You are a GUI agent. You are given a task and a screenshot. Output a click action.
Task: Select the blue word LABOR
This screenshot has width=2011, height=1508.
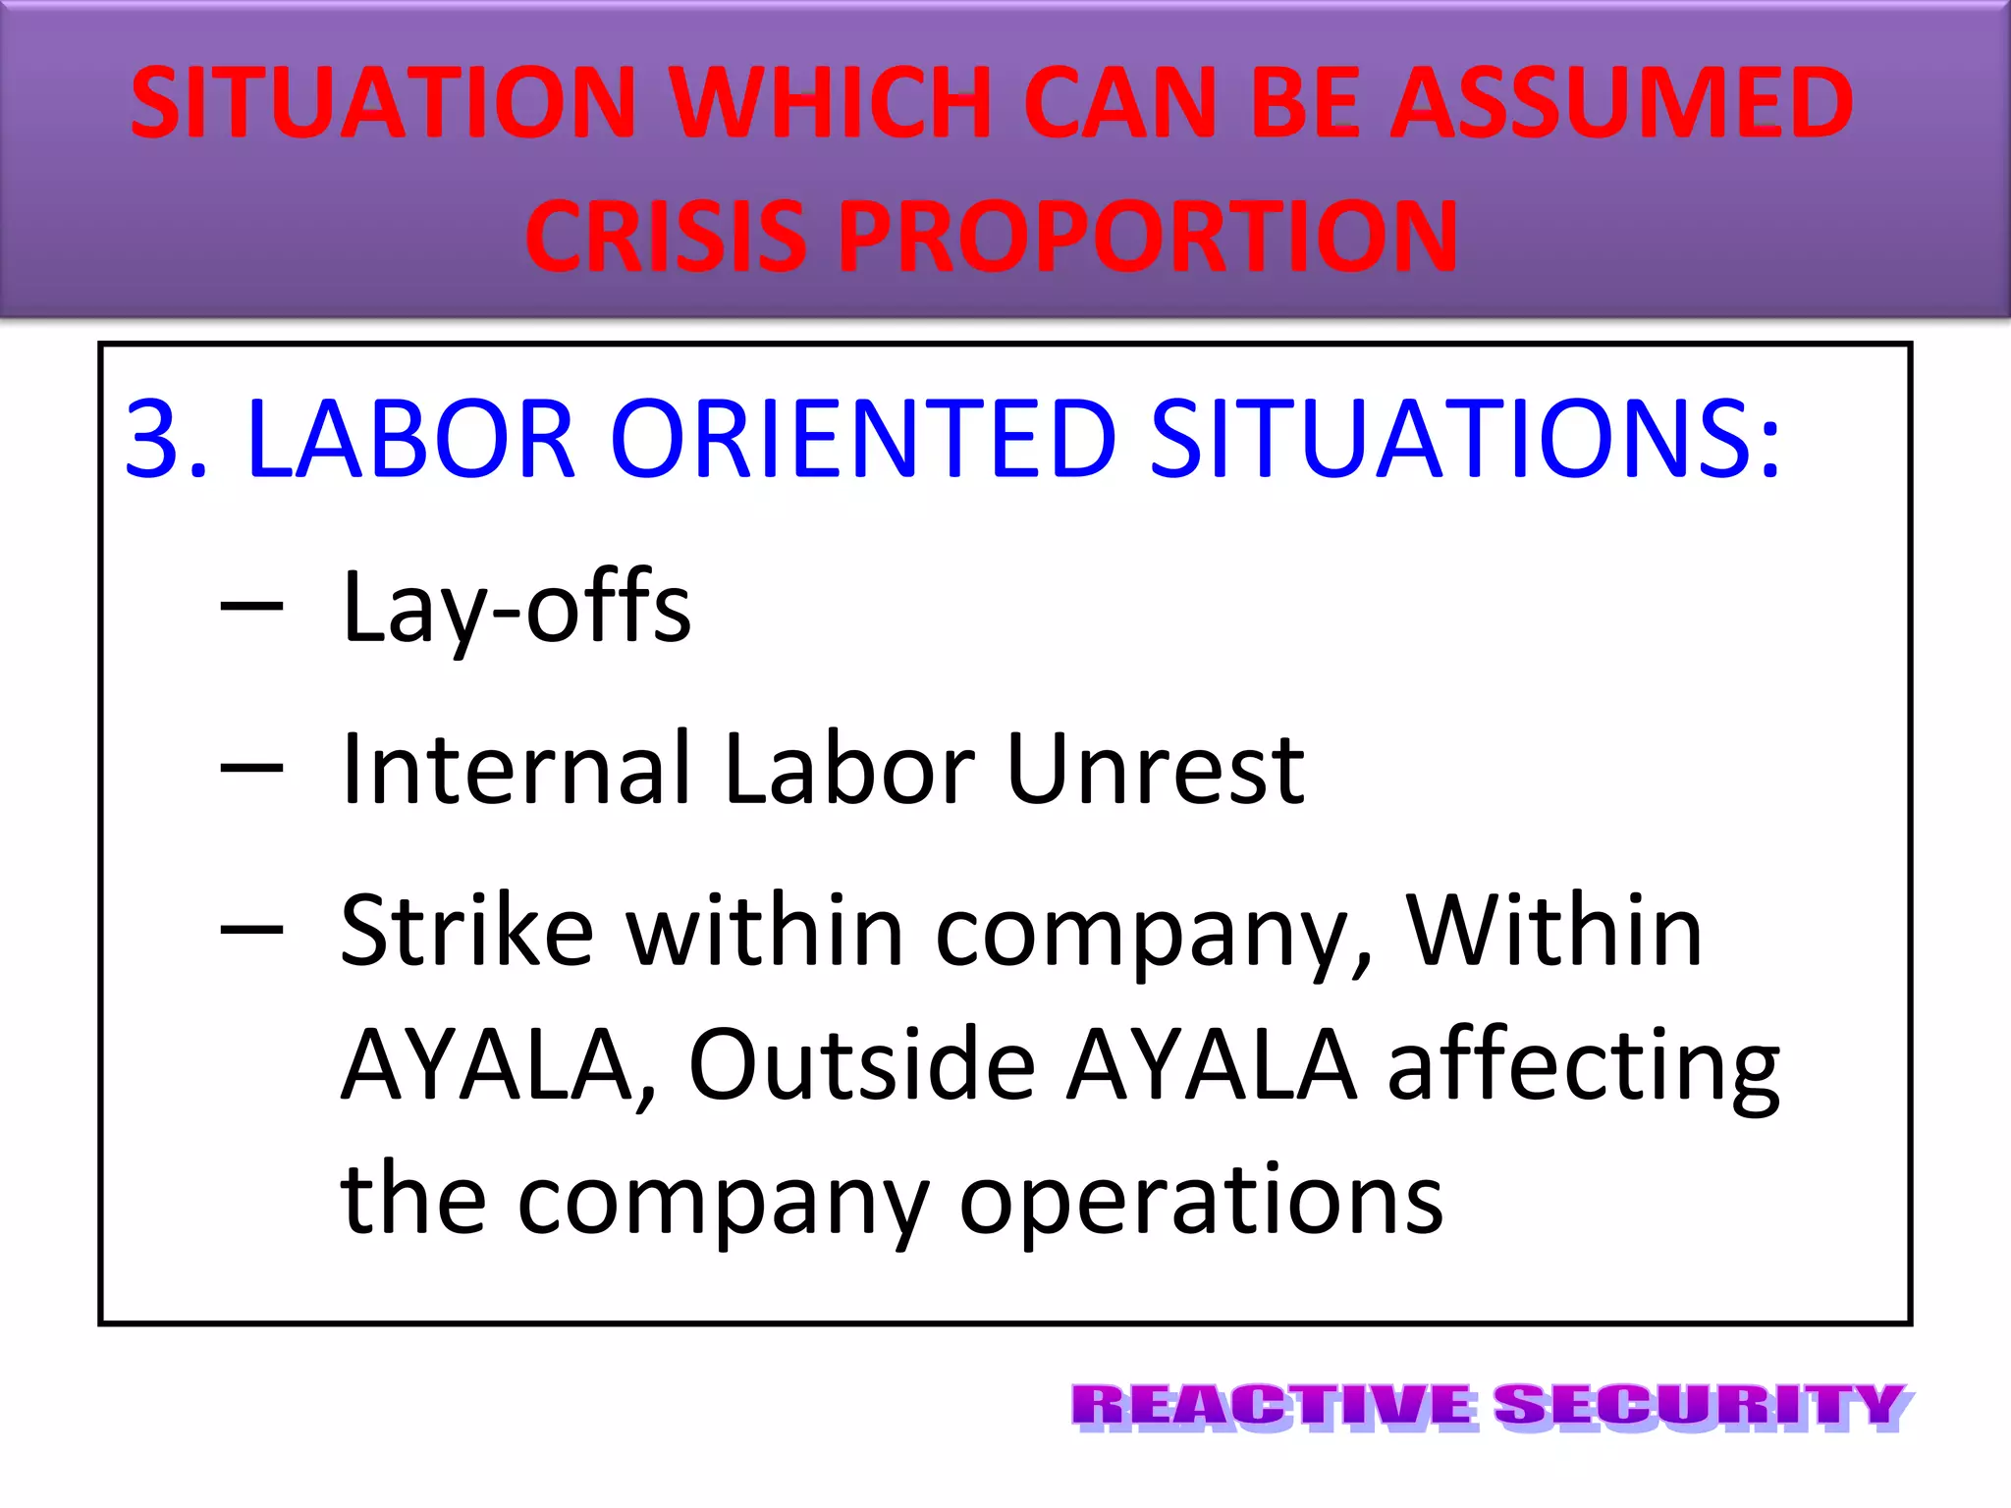point(410,439)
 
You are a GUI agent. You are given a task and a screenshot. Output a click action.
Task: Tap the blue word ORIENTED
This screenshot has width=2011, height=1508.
point(863,439)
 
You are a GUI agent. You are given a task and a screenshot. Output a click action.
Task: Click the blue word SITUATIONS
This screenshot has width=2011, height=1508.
point(1464,439)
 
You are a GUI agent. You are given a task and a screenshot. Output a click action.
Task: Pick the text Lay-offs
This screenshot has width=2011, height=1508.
point(516,609)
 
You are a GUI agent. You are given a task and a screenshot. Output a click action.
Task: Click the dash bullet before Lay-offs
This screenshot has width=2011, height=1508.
point(251,605)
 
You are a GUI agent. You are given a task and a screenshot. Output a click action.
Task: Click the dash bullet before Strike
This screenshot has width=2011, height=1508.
point(251,927)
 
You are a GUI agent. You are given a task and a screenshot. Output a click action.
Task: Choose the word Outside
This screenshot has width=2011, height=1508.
point(861,1064)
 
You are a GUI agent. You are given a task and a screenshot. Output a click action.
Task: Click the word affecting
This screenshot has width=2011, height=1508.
point(1583,1066)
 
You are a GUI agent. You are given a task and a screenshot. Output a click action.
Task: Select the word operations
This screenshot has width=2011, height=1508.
point(1200,1200)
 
